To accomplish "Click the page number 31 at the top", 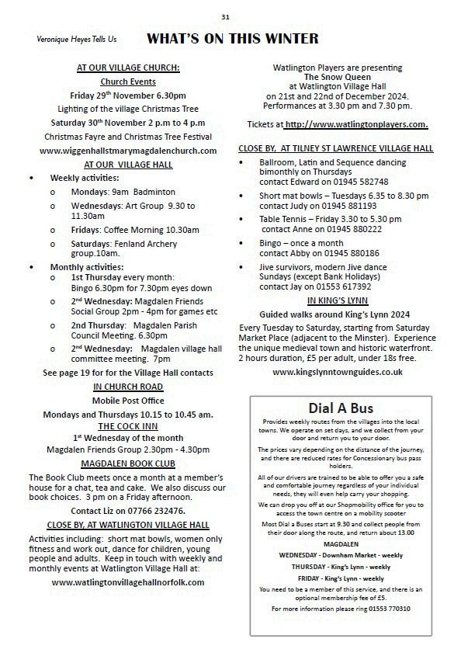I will click(225, 16).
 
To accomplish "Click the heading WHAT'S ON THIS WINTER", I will click(233, 39).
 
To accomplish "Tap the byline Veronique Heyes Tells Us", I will click(76, 39).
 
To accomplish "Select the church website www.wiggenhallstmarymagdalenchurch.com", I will click(128, 150).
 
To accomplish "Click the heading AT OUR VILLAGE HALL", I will click(128, 164).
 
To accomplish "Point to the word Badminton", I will click(154, 192).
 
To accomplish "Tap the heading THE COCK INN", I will click(128, 426).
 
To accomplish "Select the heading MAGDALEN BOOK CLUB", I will click(128, 463).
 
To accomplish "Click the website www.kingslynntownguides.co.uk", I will click(337, 372).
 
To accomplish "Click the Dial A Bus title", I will click(341, 408).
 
